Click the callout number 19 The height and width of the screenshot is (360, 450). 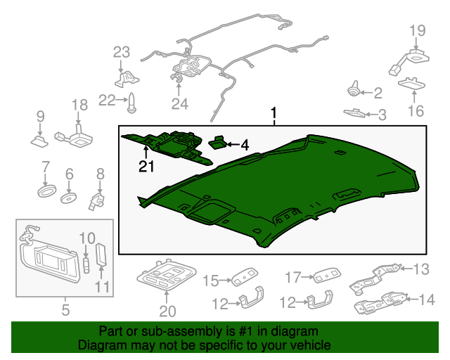tap(417, 30)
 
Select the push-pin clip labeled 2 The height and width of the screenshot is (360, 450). tap(354, 89)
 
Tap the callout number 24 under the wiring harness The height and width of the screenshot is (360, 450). tap(180, 104)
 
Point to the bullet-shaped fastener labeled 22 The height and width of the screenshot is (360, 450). tap(131, 103)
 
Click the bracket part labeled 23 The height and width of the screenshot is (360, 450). tap(127, 79)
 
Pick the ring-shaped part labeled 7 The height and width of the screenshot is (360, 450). tap(46, 191)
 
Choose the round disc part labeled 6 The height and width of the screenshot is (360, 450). tap(69, 198)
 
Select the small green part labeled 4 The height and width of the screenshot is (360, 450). tap(218, 142)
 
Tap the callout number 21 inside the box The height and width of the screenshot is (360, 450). tap(146, 167)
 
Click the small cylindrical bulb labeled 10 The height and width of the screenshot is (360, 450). tap(86, 266)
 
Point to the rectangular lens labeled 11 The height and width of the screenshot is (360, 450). tap(101, 255)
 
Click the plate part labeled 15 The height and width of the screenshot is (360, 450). tap(245, 277)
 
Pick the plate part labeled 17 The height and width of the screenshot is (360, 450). tap(327, 276)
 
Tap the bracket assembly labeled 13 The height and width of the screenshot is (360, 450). tap(373, 279)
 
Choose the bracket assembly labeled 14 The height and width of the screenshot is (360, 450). tap(380, 304)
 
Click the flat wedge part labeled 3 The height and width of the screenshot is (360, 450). tap(354, 112)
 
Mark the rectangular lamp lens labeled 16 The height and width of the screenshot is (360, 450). tap(411, 84)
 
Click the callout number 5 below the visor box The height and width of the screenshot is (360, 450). tap(65, 310)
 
